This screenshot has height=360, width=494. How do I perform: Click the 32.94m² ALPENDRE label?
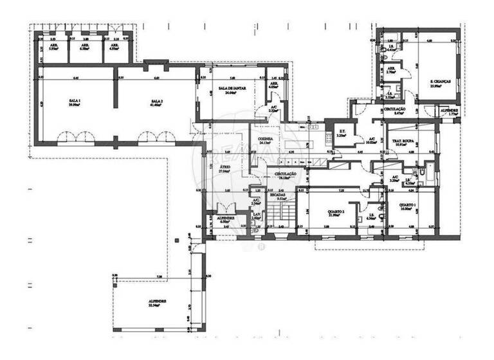(158, 302)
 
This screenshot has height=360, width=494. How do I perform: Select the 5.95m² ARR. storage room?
(53, 46)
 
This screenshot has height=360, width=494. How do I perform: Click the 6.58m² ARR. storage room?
(86, 46)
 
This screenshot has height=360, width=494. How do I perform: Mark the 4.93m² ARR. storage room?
(116, 46)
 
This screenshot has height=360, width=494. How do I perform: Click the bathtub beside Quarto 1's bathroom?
(426, 174)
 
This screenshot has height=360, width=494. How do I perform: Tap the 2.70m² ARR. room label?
(391, 71)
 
